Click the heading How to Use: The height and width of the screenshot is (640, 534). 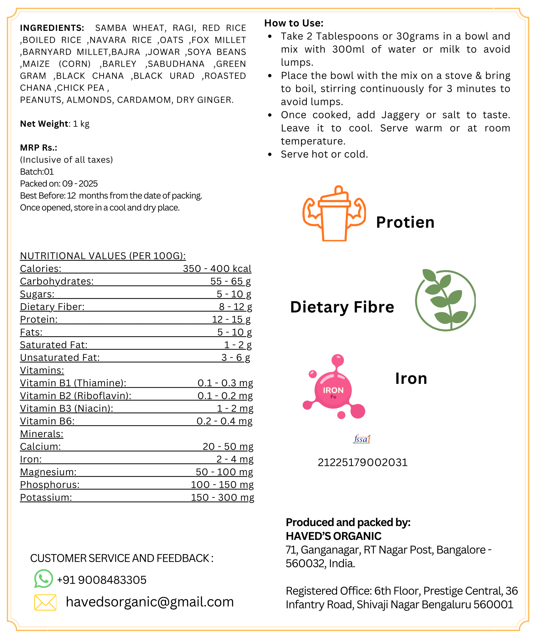tap(294, 23)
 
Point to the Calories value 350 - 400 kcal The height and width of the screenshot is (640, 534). tap(217, 268)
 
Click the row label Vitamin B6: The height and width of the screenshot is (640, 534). tap(47, 421)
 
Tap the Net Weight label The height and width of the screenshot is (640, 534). tap(44, 124)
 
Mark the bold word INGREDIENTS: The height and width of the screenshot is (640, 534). tap(52, 28)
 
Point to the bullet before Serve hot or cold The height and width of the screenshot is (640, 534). tap(270, 154)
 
